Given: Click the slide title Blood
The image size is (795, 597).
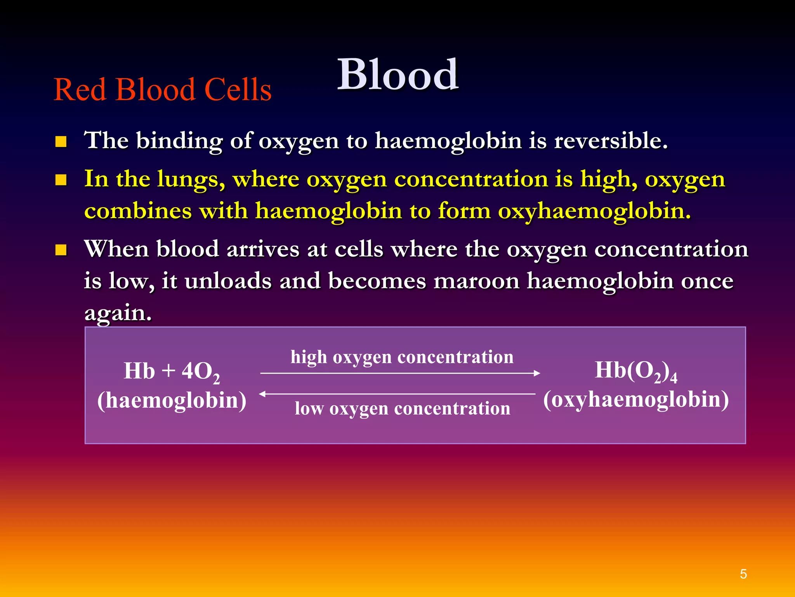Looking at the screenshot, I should [397, 75].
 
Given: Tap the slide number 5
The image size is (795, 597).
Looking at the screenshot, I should [743, 574].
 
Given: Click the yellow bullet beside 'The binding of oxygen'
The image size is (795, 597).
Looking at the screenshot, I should [61, 141].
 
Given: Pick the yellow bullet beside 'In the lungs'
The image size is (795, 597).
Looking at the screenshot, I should [61, 180].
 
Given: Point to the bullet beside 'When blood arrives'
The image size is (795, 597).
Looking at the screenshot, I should [61, 250].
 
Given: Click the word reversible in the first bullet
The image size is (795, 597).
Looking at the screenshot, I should [610, 141].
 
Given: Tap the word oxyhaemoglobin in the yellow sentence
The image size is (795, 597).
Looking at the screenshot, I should [594, 211].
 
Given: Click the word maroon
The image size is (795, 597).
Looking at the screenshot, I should [476, 281].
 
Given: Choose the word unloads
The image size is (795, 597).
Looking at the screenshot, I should [228, 281].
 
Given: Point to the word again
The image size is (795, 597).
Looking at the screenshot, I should [118, 313].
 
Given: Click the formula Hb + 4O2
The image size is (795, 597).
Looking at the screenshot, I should [172, 372].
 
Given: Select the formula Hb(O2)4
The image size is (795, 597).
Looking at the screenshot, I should [636, 371].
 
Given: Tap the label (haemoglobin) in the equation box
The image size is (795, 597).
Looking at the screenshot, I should [172, 400].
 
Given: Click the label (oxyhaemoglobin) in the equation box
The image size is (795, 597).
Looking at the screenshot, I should [636, 400].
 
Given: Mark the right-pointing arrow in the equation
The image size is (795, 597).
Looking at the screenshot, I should [400, 373].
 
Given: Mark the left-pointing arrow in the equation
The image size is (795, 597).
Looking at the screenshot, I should [397, 394].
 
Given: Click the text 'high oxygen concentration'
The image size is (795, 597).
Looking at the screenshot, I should [402, 357].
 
